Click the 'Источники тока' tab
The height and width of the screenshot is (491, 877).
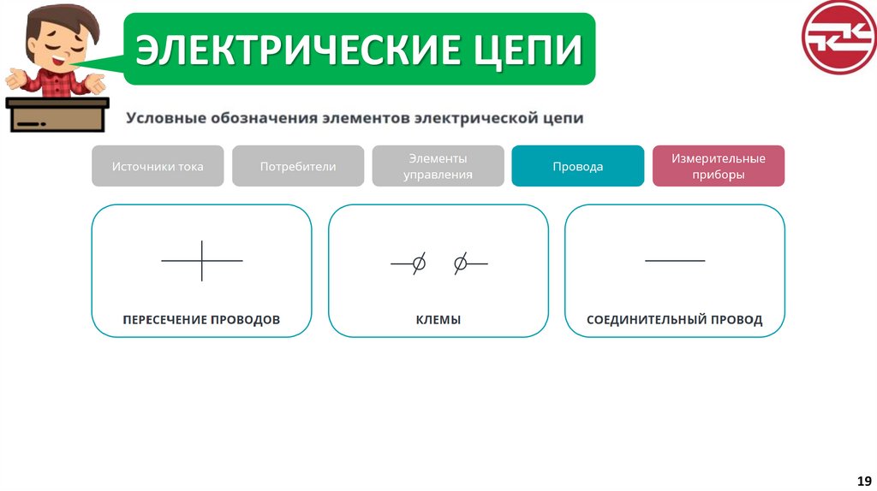158,166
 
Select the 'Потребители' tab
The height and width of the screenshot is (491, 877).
298,166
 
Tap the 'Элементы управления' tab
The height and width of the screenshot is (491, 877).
438,166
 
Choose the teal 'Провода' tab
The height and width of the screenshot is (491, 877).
577,166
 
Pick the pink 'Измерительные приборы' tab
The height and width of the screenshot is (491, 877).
718,166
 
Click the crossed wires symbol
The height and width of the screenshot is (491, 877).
202,260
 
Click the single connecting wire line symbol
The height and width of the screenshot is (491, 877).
675,260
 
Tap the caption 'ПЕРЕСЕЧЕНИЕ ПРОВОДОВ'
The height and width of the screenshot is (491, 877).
201,320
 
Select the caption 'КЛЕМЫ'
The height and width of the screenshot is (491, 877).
438,320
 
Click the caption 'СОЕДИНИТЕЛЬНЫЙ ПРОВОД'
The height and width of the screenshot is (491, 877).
674,320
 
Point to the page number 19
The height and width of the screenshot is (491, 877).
863,479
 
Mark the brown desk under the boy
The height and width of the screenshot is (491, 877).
57,115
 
